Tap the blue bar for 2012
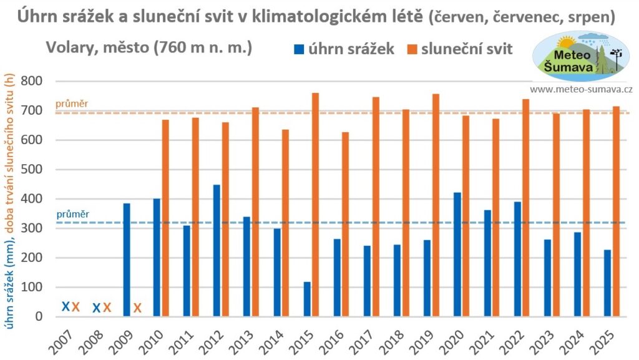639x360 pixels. tap(217, 251)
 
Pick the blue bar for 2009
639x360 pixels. tap(126, 260)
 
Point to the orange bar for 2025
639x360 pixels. tap(617, 212)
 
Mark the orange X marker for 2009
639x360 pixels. tap(137, 308)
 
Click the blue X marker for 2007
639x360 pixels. tap(66, 306)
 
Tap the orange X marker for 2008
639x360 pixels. tap(107, 307)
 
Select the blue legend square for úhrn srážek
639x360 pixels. tap(300, 49)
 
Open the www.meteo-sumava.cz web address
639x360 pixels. tap(581, 90)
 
